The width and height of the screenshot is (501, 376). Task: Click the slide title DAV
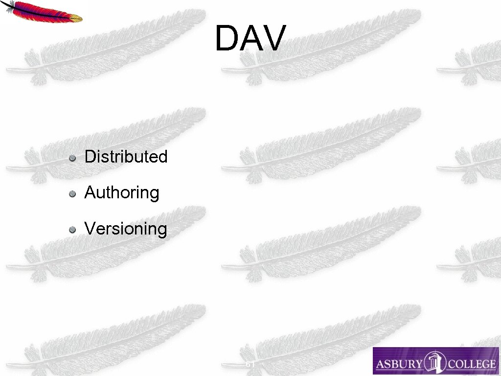pyautogui.click(x=250, y=38)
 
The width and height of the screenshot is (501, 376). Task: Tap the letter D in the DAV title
pyautogui.click(x=226, y=38)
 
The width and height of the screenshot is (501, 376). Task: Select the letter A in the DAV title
pyautogui.click(x=250, y=38)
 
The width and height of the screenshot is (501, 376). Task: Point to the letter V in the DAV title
pyautogui.click(x=272, y=38)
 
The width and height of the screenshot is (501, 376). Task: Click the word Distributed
pyautogui.click(x=126, y=157)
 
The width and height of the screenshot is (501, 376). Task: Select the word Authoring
pyautogui.click(x=122, y=193)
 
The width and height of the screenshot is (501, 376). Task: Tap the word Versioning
pyautogui.click(x=126, y=229)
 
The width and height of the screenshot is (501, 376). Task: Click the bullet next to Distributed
pyautogui.click(x=72, y=158)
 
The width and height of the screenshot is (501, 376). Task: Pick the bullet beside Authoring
pyautogui.click(x=72, y=193)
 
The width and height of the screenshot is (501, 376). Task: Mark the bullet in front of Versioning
pyautogui.click(x=72, y=229)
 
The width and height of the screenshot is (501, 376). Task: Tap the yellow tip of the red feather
pyautogui.click(x=75, y=19)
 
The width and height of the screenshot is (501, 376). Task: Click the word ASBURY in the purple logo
pyautogui.click(x=397, y=364)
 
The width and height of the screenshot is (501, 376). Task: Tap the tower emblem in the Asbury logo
pyautogui.click(x=434, y=362)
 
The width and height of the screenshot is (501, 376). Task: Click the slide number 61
pyautogui.click(x=250, y=365)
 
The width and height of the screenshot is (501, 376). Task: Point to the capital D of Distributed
pyautogui.click(x=90, y=157)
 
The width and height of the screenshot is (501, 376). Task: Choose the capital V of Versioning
pyautogui.click(x=90, y=229)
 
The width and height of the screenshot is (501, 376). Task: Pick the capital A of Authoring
pyautogui.click(x=90, y=193)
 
